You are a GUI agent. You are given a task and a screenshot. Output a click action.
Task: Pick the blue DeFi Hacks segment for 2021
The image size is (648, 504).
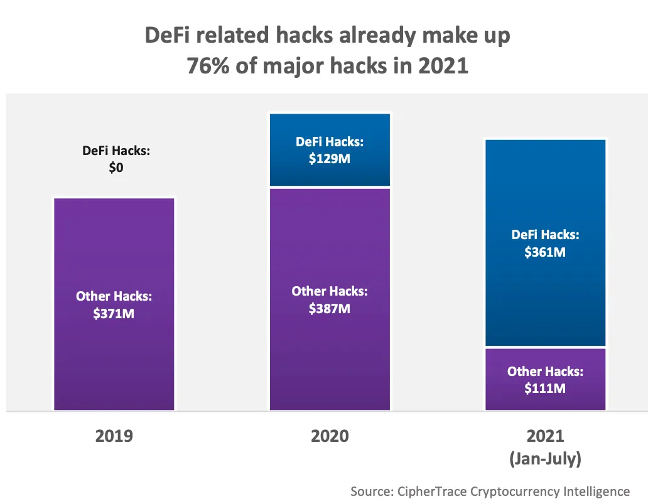(545, 188)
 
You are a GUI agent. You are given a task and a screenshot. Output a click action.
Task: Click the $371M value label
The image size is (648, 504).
(114, 313)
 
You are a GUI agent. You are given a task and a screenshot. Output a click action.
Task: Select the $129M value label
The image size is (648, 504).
(330, 158)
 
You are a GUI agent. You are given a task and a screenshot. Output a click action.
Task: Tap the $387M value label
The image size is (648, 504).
(330, 308)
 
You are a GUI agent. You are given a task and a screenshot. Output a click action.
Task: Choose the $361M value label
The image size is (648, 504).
(545, 252)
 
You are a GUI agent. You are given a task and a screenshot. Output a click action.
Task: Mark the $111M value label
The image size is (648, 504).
(545, 388)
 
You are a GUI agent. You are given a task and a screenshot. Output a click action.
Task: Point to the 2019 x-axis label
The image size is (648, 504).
(114, 436)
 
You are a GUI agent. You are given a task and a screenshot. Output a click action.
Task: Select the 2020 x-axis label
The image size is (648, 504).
(330, 436)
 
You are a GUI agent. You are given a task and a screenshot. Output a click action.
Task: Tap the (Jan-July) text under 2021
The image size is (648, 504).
(545, 459)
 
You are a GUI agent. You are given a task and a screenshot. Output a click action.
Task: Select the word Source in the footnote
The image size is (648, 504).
(371, 491)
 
